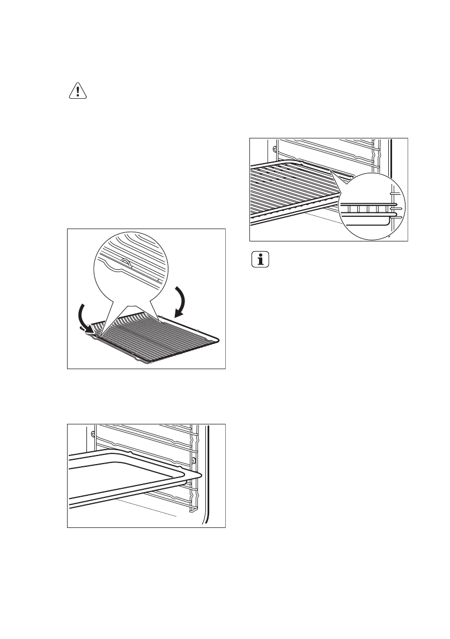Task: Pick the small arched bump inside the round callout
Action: [124, 262]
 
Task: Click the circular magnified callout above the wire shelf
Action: [130, 268]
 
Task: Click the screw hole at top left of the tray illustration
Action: [93, 432]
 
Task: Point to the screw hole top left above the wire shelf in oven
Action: [275, 148]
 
